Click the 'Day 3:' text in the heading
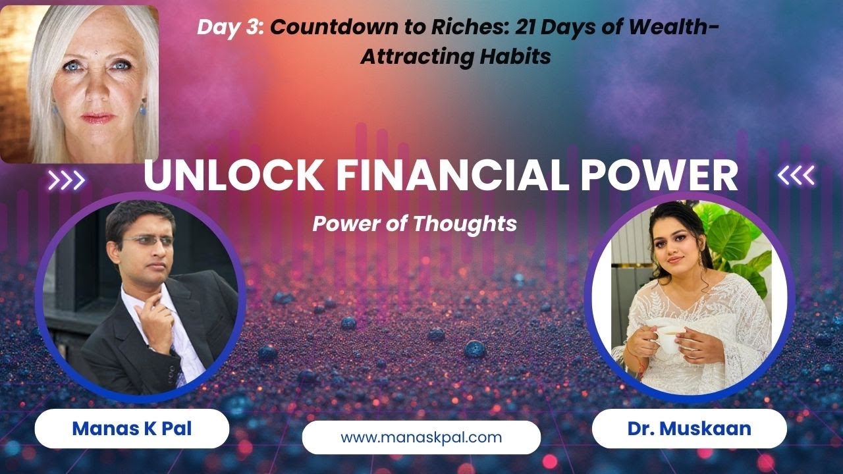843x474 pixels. [x=231, y=27]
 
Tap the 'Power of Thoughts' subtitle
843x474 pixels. [x=414, y=224]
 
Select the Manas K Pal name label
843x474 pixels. [x=132, y=429]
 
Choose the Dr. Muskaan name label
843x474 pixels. [x=689, y=429]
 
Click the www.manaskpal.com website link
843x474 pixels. [x=421, y=437]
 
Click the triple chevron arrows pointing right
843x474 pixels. [x=67, y=180]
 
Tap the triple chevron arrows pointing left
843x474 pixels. [x=796, y=175]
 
